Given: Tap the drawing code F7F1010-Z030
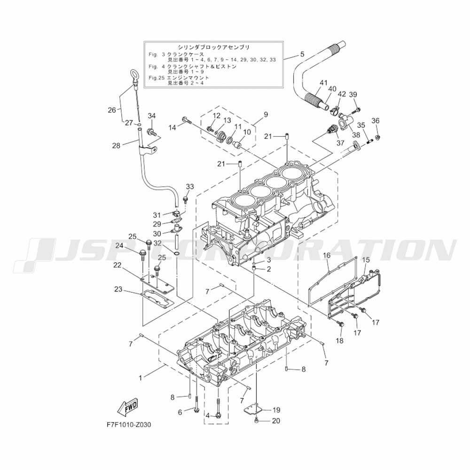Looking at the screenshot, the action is (129, 425).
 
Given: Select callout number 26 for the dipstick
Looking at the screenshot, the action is (112, 110).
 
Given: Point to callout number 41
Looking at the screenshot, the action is (323, 82).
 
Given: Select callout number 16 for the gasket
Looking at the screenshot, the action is (327, 255).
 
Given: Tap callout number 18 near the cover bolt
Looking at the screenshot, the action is (340, 340).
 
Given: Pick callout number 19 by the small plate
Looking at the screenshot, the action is (276, 410).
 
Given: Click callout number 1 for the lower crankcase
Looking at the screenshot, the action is (140, 378).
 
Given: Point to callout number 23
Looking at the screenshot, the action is (118, 289).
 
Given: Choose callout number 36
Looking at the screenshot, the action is (375, 120).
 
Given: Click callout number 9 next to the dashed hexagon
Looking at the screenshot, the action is (266, 114).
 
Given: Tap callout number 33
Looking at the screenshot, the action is (190, 187).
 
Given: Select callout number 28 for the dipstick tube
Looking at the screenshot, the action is (116, 146).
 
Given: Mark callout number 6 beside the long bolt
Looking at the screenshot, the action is (180, 413).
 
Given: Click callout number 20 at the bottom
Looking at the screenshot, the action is (276, 421).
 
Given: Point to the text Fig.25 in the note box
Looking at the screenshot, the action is (156, 78).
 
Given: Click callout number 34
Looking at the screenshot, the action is (152, 116).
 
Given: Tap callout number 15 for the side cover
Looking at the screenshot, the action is (366, 259).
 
